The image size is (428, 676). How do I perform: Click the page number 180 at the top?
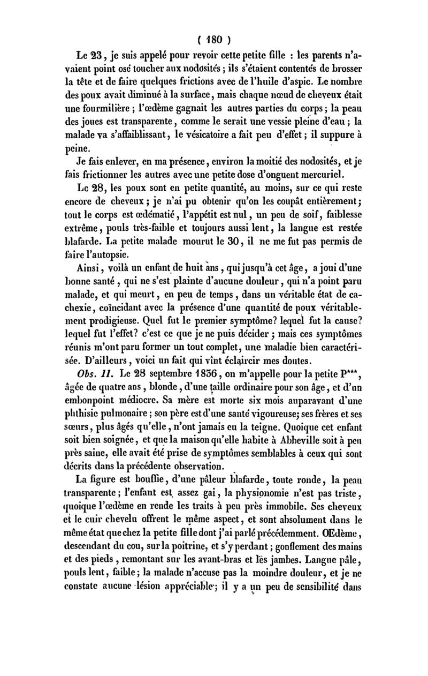coord(213,39)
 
